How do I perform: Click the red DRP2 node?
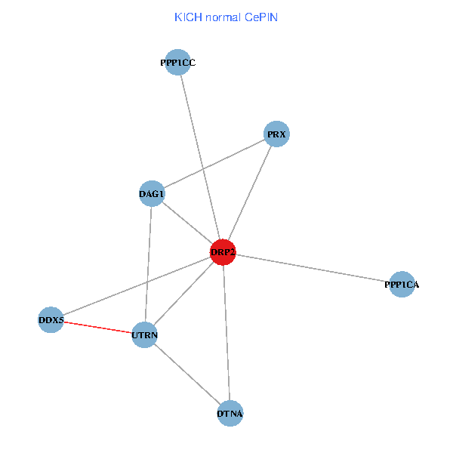click(x=223, y=252)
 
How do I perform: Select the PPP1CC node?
click(x=177, y=63)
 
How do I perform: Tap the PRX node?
click(x=277, y=134)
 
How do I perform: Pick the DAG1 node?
click(x=152, y=194)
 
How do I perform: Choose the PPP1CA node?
click(x=402, y=285)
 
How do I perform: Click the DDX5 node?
click(x=51, y=320)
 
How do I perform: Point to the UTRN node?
click(x=144, y=334)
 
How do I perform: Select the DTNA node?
click(x=230, y=413)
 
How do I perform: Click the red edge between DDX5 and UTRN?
click(x=97, y=327)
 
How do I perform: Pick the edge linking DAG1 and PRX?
click(x=214, y=165)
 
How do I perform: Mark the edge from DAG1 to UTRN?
click(x=148, y=264)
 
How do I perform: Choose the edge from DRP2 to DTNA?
click(x=226, y=332)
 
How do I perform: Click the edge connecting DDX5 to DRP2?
click(x=137, y=286)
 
